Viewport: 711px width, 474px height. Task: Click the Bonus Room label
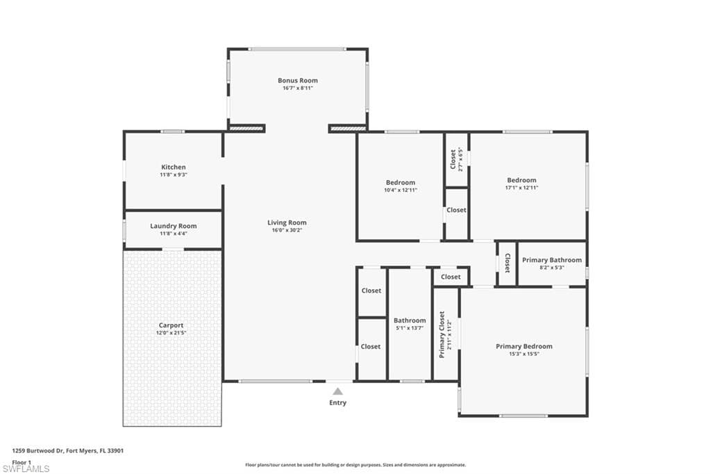click(298, 81)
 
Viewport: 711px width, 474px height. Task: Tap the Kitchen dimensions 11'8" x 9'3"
click(174, 175)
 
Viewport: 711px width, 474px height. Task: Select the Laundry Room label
click(174, 226)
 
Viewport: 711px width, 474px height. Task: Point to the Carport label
click(171, 325)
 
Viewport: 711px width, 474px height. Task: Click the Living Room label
click(287, 222)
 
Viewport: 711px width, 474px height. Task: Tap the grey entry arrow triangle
click(338, 391)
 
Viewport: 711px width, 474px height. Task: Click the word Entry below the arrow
click(338, 402)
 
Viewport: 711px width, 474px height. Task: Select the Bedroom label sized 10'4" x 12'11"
click(401, 183)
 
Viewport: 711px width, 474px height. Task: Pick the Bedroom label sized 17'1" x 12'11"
click(522, 180)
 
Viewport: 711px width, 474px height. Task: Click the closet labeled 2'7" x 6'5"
click(455, 159)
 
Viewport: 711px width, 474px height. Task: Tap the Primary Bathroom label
click(552, 260)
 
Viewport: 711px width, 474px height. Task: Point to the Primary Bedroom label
click(524, 346)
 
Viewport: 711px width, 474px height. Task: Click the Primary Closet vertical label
click(442, 334)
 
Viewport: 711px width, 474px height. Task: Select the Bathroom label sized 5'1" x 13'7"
click(410, 320)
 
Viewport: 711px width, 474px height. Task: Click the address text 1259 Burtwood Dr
click(37, 451)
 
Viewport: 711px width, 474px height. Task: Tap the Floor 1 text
click(22, 462)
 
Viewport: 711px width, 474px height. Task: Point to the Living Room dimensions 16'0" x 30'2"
click(287, 230)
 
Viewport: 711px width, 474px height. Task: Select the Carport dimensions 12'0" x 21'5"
click(171, 333)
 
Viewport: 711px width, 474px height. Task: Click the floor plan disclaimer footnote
click(355, 465)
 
